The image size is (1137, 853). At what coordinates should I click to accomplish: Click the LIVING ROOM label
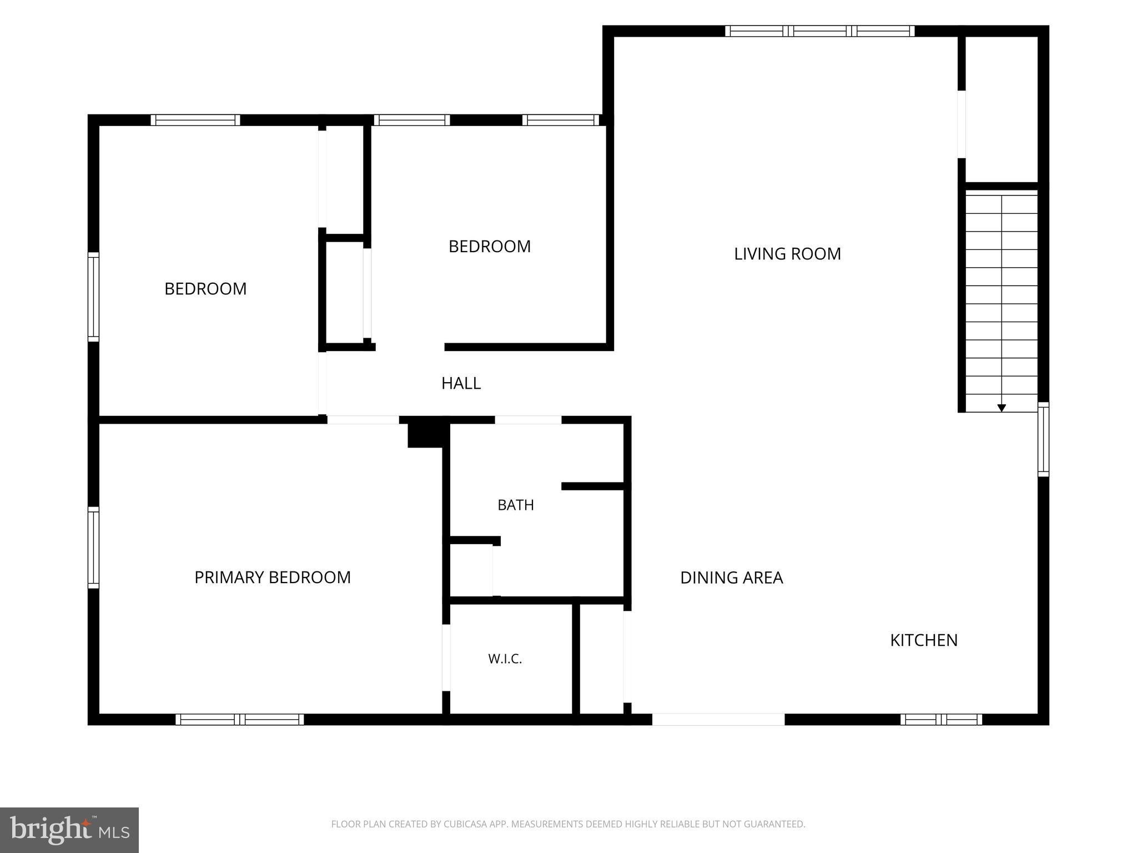pos(787,254)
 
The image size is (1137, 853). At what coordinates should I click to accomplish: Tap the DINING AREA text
pos(731,578)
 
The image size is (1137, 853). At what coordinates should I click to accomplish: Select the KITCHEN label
pos(924,640)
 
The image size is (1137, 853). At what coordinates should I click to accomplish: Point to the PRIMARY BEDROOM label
pos(272,578)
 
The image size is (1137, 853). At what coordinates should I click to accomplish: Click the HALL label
pos(461,383)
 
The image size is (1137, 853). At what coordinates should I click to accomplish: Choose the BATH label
pos(516,505)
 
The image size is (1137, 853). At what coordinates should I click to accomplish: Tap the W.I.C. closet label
pos(505,659)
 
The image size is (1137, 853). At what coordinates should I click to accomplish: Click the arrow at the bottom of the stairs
pos(1002,408)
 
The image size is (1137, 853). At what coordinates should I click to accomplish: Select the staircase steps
pos(1002,303)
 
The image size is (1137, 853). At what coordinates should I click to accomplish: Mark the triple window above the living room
pos(819,31)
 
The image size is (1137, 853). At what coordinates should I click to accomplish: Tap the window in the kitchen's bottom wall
pos(941,720)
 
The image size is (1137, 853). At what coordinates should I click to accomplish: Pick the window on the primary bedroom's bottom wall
pos(240,720)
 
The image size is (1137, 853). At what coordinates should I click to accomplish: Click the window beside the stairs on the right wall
pos(1044,439)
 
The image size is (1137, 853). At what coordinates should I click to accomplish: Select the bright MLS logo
pos(69,830)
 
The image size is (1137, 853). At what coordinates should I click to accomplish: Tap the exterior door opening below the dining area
pos(718,720)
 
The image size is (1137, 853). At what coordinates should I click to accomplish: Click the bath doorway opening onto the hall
pos(528,420)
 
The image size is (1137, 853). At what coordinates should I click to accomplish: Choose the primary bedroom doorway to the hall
pos(363,420)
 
